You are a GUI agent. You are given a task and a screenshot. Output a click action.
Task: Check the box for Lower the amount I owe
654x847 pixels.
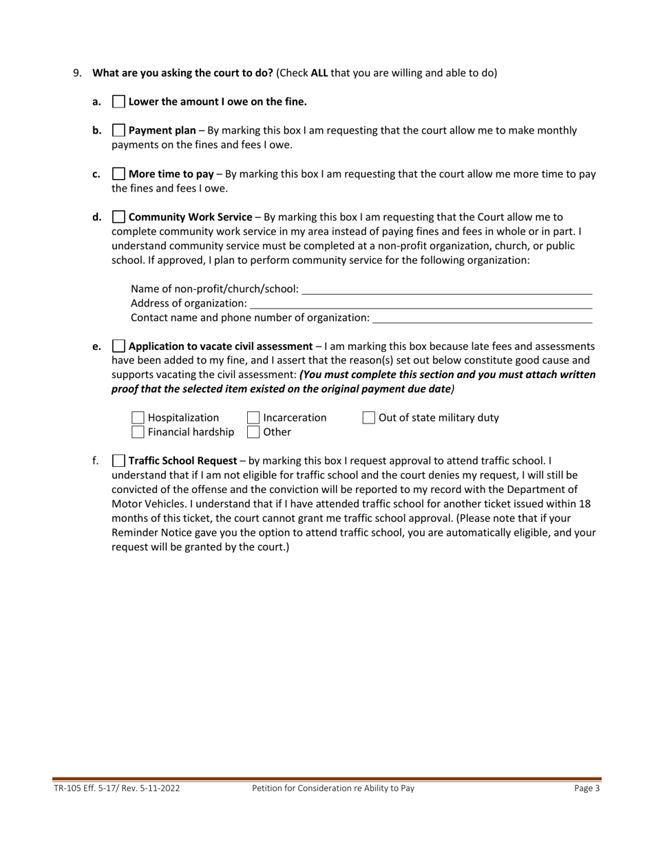pyautogui.click(x=118, y=102)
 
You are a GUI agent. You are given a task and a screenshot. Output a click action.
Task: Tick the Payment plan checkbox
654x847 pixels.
pyautogui.click(x=118, y=130)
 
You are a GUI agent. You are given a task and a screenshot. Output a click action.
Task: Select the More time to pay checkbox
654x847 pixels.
pyautogui.click(x=118, y=174)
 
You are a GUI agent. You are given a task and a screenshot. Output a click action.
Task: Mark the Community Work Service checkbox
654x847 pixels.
pyautogui.click(x=118, y=218)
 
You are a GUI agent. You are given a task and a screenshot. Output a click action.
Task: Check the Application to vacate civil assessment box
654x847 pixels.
pyautogui.click(x=118, y=346)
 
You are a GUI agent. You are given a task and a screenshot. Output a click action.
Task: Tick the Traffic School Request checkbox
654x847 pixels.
pyautogui.click(x=118, y=461)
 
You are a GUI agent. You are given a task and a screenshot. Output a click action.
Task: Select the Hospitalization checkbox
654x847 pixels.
pyautogui.click(x=138, y=418)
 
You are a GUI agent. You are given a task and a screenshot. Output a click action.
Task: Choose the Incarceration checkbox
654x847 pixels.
pyautogui.click(x=253, y=418)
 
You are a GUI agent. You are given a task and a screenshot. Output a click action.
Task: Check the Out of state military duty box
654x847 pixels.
pyautogui.click(x=369, y=418)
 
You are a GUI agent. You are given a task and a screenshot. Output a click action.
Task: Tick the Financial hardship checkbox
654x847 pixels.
pyautogui.click(x=138, y=432)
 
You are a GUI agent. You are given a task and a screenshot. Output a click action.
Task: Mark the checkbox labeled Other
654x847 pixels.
pyautogui.click(x=253, y=432)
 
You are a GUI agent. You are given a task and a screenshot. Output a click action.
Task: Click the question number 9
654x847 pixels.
pyautogui.click(x=77, y=73)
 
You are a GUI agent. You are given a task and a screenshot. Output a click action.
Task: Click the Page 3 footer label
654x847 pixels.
pyautogui.click(x=587, y=789)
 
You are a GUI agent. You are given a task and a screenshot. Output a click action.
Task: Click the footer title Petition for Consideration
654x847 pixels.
pyautogui.click(x=333, y=789)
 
